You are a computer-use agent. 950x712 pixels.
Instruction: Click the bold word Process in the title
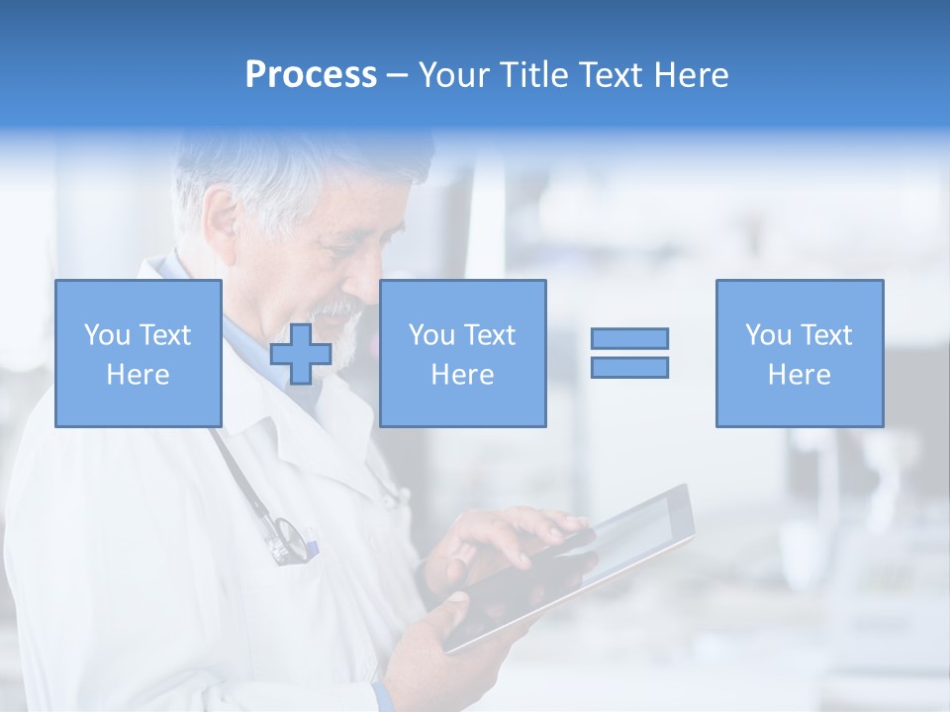[311, 75]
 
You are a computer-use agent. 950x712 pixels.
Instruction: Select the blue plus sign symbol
[301, 353]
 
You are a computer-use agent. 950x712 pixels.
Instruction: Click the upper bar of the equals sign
[629, 338]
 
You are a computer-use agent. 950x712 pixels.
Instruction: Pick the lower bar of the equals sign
[629, 367]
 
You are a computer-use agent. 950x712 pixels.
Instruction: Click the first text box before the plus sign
[139, 353]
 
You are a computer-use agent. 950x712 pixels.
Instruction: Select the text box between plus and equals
[462, 353]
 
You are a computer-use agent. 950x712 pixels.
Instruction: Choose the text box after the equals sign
[800, 353]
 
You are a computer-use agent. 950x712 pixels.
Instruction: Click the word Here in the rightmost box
[799, 375]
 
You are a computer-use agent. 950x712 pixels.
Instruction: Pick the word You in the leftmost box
[106, 335]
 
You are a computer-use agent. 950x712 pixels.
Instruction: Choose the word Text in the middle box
[489, 335]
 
